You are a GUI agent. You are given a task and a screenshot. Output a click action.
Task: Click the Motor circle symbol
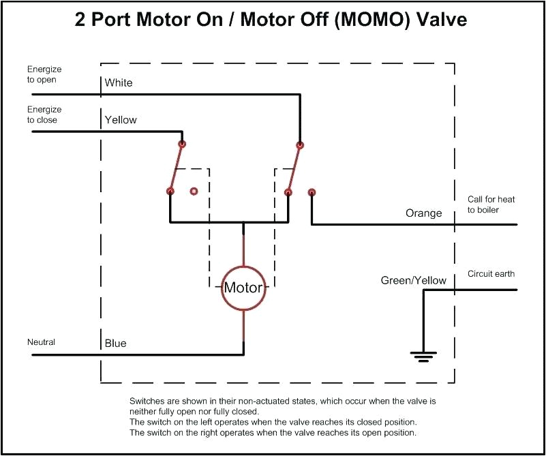[243, 288]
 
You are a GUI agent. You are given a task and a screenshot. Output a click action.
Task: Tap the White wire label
[119, 83]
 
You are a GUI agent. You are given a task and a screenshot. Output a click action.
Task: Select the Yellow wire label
[121, 120]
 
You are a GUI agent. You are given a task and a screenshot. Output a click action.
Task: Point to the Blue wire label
[115, 344]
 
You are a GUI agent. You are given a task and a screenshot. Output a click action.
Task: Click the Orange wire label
[424, 213]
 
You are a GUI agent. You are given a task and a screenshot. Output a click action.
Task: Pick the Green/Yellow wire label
[413, 281]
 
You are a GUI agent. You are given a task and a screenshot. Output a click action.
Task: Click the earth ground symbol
[423, 354]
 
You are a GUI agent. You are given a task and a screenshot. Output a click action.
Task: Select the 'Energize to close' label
[44, 115]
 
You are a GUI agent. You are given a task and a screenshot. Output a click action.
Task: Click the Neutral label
[41, 341]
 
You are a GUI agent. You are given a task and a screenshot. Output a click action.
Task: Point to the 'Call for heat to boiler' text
[491, 204]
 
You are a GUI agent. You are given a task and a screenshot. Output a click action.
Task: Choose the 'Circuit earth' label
[491, 274]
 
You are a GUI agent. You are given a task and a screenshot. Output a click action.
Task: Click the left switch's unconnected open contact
[194, 192]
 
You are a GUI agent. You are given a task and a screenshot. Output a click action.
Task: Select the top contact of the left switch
[182, 144]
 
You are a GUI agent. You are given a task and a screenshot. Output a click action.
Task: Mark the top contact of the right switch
[300, 145]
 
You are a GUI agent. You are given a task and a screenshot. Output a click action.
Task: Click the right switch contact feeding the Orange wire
[312, 192]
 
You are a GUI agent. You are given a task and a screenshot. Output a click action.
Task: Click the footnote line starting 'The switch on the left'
[273, 423]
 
